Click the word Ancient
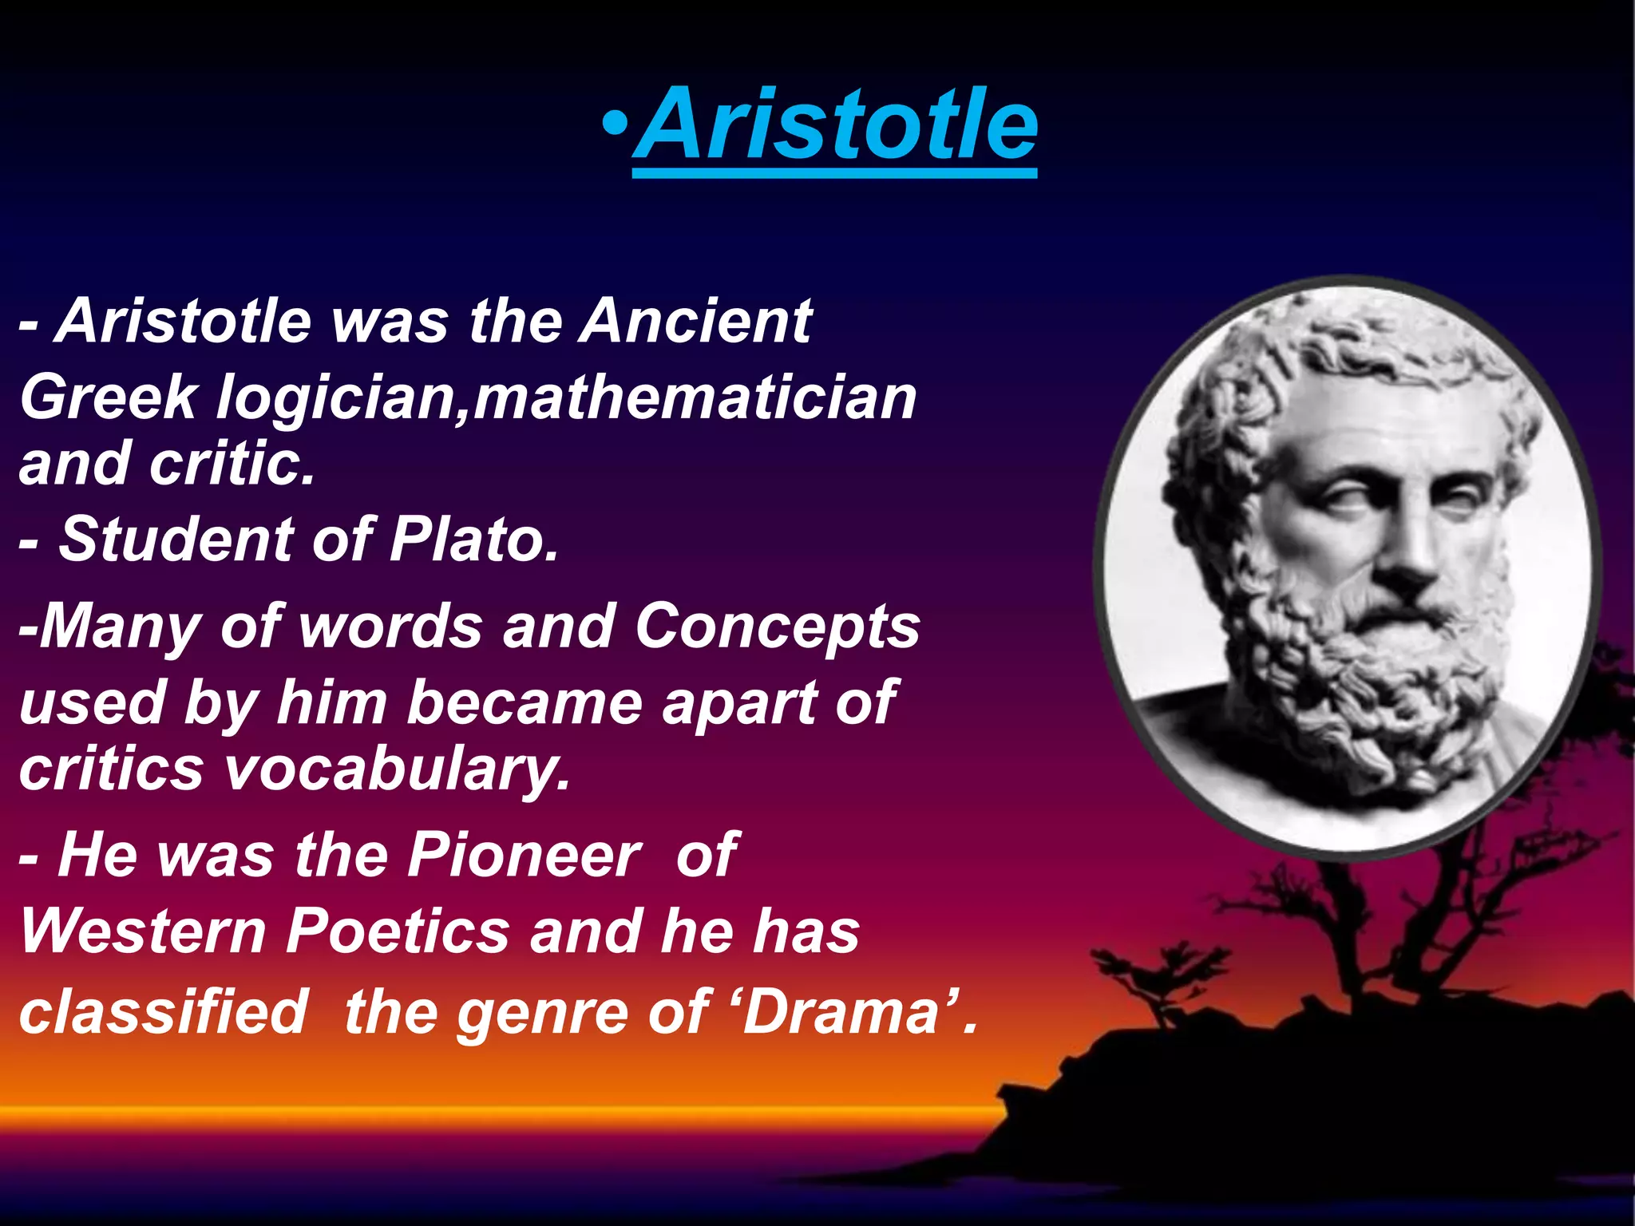[696, 321]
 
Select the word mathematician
[695, 397]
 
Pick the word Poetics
[398, 931]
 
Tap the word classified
[163, 1010]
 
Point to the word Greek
[108, 397]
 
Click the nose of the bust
[1409, 551]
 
